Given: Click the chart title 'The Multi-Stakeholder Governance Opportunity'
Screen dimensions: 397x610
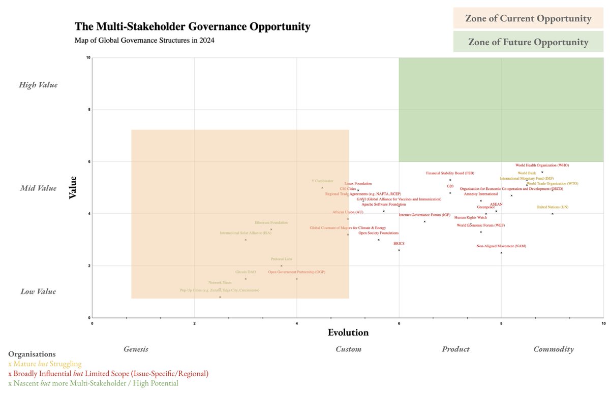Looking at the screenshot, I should coord(192,26).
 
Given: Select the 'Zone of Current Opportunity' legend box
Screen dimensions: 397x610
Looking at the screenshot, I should coord(528,19).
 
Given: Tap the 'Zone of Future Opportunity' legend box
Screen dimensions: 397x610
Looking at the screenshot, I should coord(528,42).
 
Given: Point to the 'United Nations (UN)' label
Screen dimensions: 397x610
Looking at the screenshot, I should coord(552,207).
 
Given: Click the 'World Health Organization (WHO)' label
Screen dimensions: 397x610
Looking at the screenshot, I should coord(542,165).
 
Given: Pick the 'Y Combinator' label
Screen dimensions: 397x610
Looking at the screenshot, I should coord(322,181).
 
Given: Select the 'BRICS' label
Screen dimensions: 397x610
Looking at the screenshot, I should coord(399,244).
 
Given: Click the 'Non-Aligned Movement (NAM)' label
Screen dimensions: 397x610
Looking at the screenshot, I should coord(501,246).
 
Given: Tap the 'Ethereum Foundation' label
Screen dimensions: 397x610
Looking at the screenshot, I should coord(271,222).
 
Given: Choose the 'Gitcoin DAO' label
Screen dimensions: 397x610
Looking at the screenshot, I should coord(246,272).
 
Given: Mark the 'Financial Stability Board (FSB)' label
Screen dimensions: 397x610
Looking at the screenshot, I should coord(450,173).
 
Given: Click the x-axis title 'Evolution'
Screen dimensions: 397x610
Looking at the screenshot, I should coord(348,333).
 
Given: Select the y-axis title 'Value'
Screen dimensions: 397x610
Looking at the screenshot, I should coord(73,187).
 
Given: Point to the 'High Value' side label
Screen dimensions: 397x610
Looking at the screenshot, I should coord(38,85).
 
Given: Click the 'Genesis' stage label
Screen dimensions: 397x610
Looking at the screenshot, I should coord(136,349).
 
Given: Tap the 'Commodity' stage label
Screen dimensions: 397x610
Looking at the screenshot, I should coord(553,349).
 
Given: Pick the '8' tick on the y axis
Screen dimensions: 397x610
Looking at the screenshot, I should coord(89,110).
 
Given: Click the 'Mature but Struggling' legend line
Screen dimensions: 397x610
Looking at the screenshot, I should coord(45,364).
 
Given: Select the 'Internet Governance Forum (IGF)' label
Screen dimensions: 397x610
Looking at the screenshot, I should coord(424,215).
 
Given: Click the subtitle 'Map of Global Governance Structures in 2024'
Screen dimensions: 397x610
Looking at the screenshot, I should coord(144,41).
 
